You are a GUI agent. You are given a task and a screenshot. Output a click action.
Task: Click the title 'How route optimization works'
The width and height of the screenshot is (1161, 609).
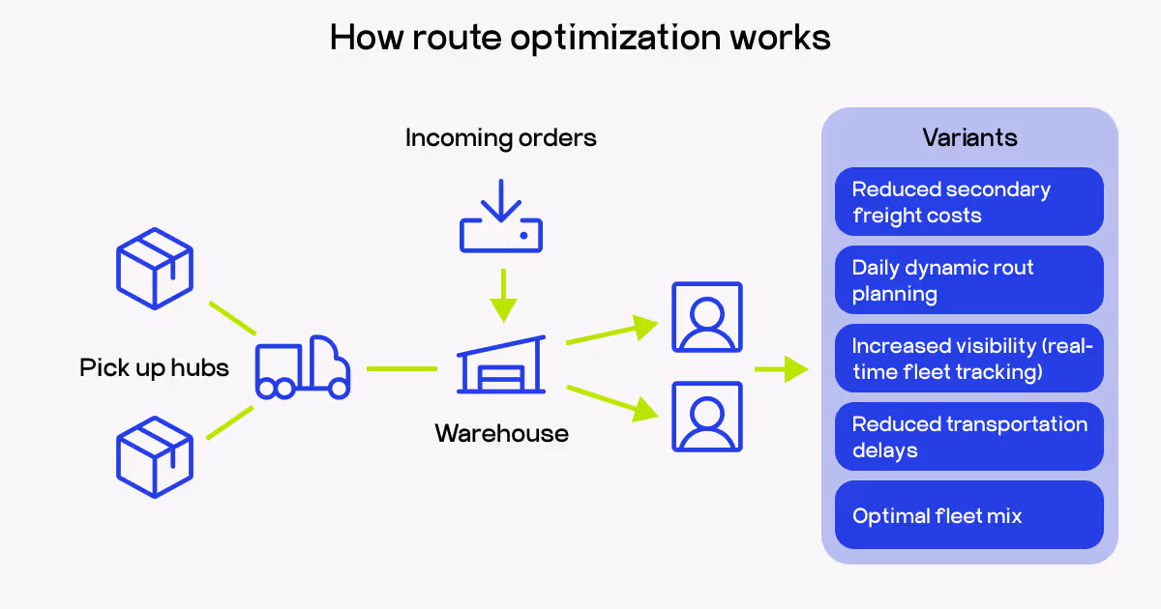point(580,38)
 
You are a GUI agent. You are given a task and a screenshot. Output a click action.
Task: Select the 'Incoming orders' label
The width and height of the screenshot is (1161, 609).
point(500,138)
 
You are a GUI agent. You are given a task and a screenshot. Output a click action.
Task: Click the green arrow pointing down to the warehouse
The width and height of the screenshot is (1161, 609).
point(502,295)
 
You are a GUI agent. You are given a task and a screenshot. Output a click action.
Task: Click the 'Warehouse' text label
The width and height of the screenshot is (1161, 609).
point(501,433)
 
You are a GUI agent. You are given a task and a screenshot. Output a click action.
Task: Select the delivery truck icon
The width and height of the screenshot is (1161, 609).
point(302,367)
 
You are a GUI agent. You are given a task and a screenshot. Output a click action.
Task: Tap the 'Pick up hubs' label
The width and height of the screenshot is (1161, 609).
point(154,368)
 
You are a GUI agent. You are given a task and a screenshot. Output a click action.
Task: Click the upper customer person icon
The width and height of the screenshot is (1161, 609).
point(707,317)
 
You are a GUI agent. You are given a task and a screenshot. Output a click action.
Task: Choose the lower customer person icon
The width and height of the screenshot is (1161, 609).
point(707,417)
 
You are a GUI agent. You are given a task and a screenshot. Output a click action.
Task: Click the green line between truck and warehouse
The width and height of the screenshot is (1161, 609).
point(402,368)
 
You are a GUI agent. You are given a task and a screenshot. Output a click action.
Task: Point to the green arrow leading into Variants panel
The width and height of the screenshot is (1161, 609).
point(782,368)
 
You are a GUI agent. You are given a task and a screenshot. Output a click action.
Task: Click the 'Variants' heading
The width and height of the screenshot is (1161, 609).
point(969,138)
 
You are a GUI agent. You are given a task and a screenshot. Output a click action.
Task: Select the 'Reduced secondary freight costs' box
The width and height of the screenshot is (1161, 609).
point(968,202)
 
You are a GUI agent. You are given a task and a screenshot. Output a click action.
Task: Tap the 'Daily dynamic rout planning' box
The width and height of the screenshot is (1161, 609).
point(968,280)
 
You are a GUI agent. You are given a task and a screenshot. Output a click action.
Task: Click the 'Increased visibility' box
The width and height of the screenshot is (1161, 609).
point(968,359)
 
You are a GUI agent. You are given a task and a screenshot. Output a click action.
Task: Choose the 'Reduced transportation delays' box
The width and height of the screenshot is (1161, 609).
point(968,437)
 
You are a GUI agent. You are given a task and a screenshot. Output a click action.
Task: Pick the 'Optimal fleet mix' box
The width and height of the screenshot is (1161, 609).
point(968,515)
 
